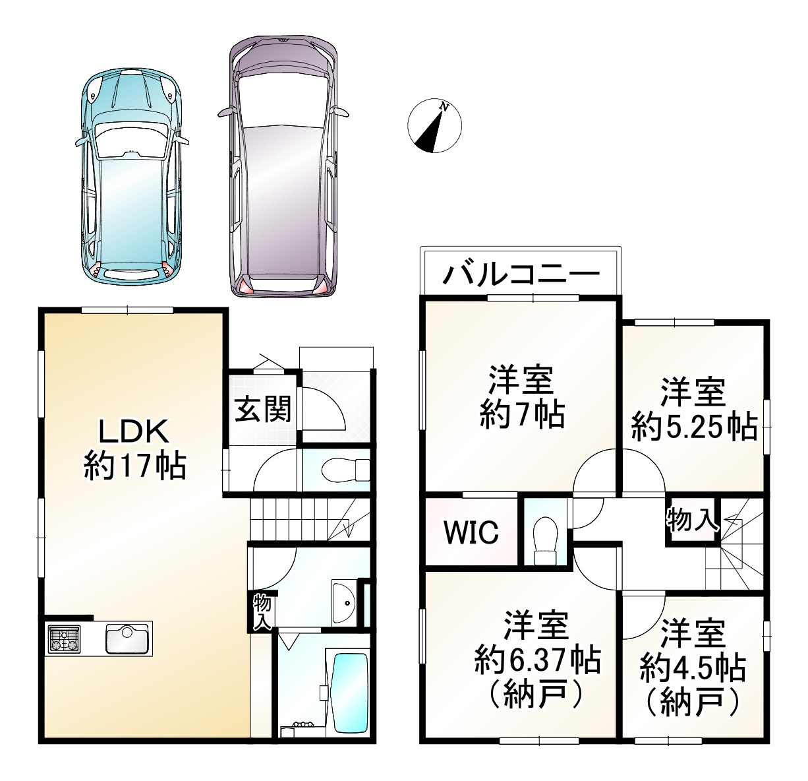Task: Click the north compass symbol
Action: coord(434,125)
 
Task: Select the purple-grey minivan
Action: coord(283,165)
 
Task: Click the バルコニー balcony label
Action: coord(521,272)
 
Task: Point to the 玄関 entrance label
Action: coord(263,410)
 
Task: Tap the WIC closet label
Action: coord(471,532)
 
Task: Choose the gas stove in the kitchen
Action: coord(64,639)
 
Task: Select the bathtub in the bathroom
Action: coord(349,691)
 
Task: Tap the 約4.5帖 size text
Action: coord(693,668)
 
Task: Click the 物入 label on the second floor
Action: coord(691,520)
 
